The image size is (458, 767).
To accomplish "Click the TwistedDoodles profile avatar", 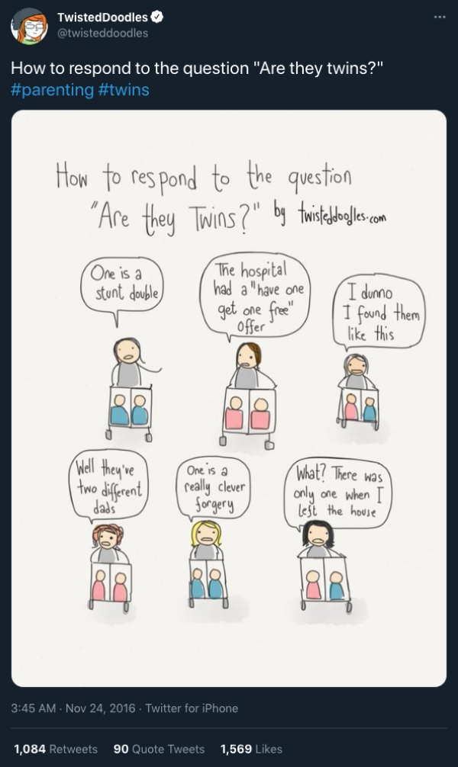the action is (29, 26).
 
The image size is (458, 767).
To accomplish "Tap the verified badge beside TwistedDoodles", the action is (156, 17).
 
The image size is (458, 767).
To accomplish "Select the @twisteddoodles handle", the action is (102, 33).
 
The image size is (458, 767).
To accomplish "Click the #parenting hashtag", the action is (52, 89).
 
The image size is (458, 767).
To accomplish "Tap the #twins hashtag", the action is (124, 89).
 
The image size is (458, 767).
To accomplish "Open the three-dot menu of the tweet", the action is (440, 17).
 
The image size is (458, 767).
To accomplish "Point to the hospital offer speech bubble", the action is (255, 297).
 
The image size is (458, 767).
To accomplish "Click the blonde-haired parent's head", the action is (206, 534).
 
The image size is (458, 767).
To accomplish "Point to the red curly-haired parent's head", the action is (108, 537).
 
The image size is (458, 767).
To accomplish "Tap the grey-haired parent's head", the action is (356, 365).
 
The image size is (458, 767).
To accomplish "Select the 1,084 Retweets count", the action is (56, 749).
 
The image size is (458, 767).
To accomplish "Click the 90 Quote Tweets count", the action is (159, 749).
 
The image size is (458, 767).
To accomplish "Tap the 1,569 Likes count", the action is (251, 749).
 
